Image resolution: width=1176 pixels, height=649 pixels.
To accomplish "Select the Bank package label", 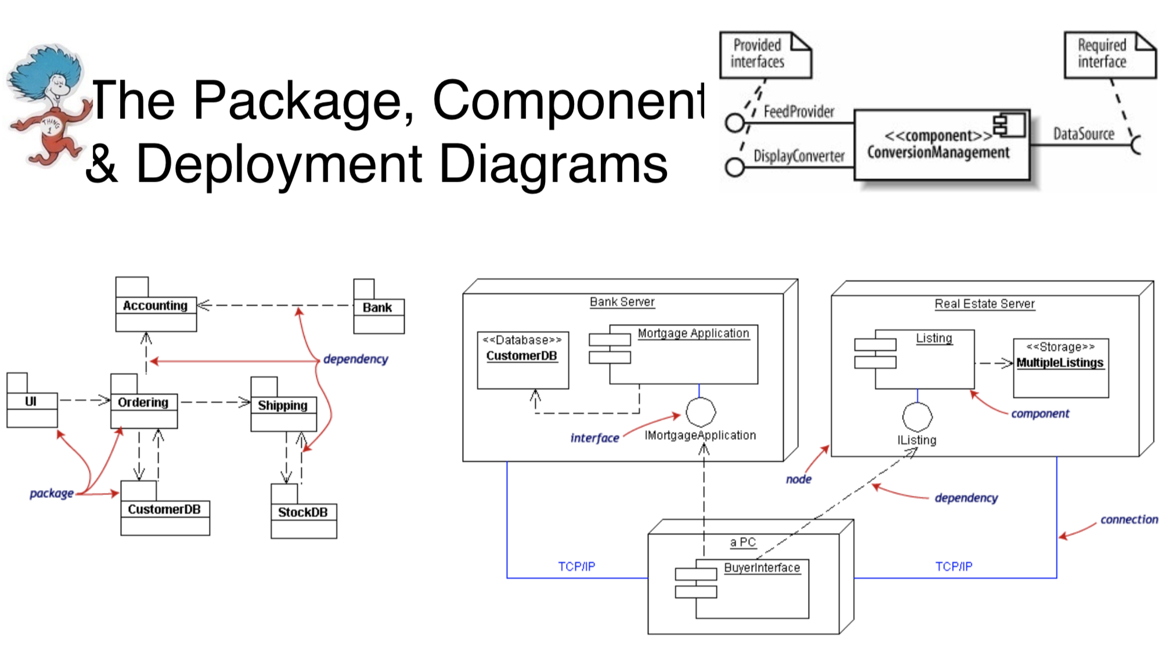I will [x=377, y=308].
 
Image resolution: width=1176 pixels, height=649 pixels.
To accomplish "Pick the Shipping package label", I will [x=283, y=405].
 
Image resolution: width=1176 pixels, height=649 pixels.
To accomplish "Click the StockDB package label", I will [x=302, y=512].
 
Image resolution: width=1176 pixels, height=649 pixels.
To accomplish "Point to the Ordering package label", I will [x=143, y=402].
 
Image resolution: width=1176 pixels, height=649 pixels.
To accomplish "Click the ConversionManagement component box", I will [x=941, y=145].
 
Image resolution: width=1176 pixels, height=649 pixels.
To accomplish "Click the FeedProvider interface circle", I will [x=735, y=123].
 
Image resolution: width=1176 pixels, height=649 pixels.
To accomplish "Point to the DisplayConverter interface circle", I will [x=735, y=167].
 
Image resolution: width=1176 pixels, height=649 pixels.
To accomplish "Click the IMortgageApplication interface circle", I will [x=701, y=412].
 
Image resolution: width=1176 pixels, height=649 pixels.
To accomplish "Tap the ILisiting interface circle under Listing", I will [x=917, y=417].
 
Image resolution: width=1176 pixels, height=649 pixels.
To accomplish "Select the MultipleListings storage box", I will [x=1060, y=368].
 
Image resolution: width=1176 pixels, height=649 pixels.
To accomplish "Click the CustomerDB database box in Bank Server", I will [x=522, y=360].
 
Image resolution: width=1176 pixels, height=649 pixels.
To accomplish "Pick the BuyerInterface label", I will [x=762, y=568].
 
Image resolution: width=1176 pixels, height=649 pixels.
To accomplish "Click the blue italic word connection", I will [x=1129, y=520].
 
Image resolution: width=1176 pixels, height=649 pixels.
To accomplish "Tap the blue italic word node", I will [x=799, y=479].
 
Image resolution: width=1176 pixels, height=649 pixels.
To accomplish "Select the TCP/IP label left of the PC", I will [x=576, y=567].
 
